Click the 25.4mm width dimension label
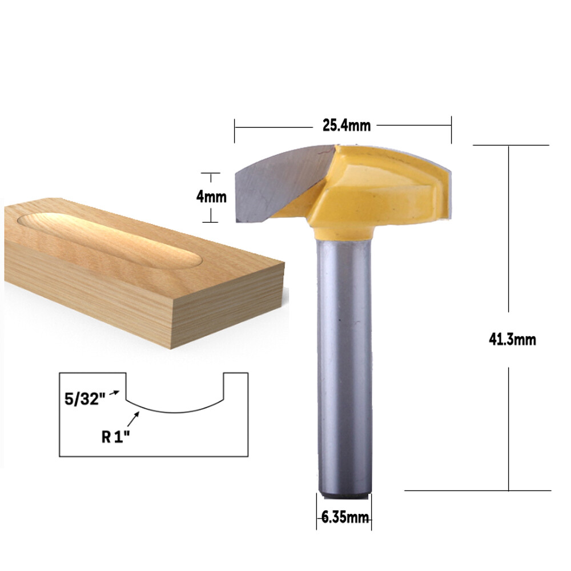pyautogui.click(x=347, y=125)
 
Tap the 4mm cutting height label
pyautogui.click(x=211, y=198)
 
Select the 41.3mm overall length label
pyautogui.click(x=512, y=339)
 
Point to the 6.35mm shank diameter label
pyautogui.click(x=345, y=518)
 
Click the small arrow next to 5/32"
pyautogui.click(x=116, y=392)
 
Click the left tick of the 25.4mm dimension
pyautogui.click(x=235, y=130)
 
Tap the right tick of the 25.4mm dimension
pyautogui.click(x=451, y=130)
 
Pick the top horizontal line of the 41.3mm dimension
pyautogui.click(x=511, y=145)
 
